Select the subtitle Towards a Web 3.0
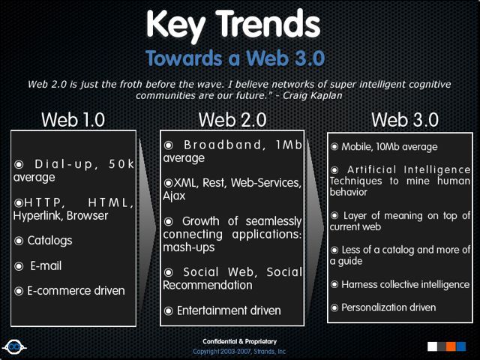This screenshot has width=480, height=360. pyautogui.click(x=235, y=58)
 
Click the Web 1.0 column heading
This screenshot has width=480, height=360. pyautogui.click(x=73, y=119)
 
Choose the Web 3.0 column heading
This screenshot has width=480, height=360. pyautogui.click(x=405, y=119)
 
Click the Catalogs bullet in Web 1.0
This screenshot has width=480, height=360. pyautogui.click(x=49, y=241)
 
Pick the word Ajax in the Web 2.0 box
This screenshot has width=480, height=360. pyautogui.click(x=174, y=196)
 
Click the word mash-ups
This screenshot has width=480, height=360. pyautogui.click(x=188, y=247)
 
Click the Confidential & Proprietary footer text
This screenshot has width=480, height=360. pyautogui.click(x=238, y=341)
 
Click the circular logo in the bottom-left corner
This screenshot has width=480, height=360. pyautogui.click(x=13, y=346)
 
